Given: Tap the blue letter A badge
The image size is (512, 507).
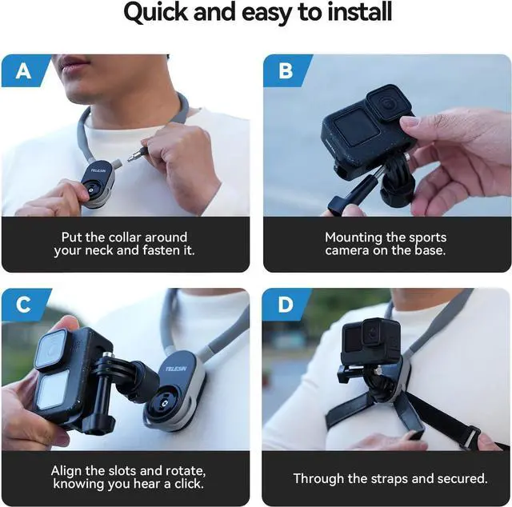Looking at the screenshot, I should [25, 71].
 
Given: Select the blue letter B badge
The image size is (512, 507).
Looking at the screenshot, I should [286, 71].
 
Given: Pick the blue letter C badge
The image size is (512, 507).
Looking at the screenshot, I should [25, 305].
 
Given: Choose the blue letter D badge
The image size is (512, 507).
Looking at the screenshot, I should [286, 305].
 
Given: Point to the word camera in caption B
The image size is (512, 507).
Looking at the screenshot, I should [351, 251].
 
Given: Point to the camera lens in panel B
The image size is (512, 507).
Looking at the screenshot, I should [385, 106].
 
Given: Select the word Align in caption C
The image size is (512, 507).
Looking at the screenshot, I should [68, 471].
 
